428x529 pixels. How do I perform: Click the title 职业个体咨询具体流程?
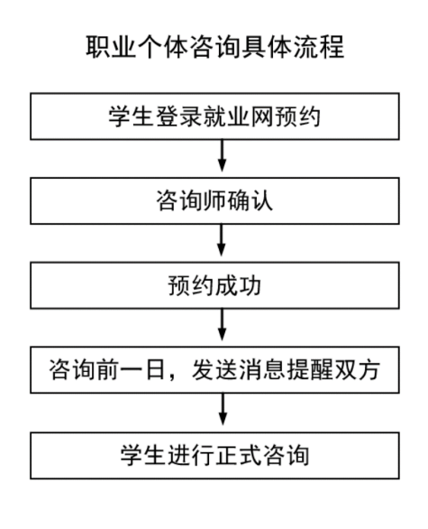click(x=214, y=47)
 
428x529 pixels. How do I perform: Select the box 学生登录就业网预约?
click(x=214, y=116)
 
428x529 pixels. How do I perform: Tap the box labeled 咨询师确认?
click(x=214, y=200)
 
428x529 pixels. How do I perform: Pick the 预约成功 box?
click(x=214, y=285)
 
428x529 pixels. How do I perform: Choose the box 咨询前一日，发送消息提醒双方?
click(x=214, y=370)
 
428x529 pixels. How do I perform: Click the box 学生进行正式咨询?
click(x=214, y=456)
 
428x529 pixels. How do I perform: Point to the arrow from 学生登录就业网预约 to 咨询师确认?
click(x=222, y=155)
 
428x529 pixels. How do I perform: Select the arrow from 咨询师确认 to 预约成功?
click(x=222, y=240)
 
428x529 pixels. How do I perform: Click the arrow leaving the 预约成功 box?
click(x=222, y=325)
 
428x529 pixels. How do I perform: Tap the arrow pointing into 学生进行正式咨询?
click(x=223, y=410)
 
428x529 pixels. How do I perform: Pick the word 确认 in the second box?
click(x=250, y=201)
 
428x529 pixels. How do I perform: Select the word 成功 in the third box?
click(x=238, y=286)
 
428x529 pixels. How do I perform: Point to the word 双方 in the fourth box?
click(x=357, y=370)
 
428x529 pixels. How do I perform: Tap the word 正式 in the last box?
click(x=239, y=456)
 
